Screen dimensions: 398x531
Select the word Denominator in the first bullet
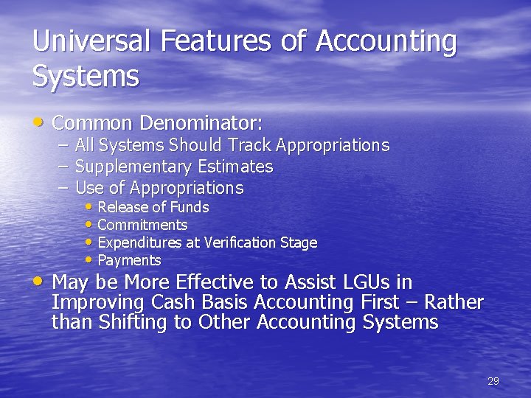(x=201, y=122)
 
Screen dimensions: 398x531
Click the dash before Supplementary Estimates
(x=63, y=167)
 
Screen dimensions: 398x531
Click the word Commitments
(x=142, y=225)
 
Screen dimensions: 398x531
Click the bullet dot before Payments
(x=89, y=259)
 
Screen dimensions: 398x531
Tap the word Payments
(x=129, y=260)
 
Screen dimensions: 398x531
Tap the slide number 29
(x=493, y=381)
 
